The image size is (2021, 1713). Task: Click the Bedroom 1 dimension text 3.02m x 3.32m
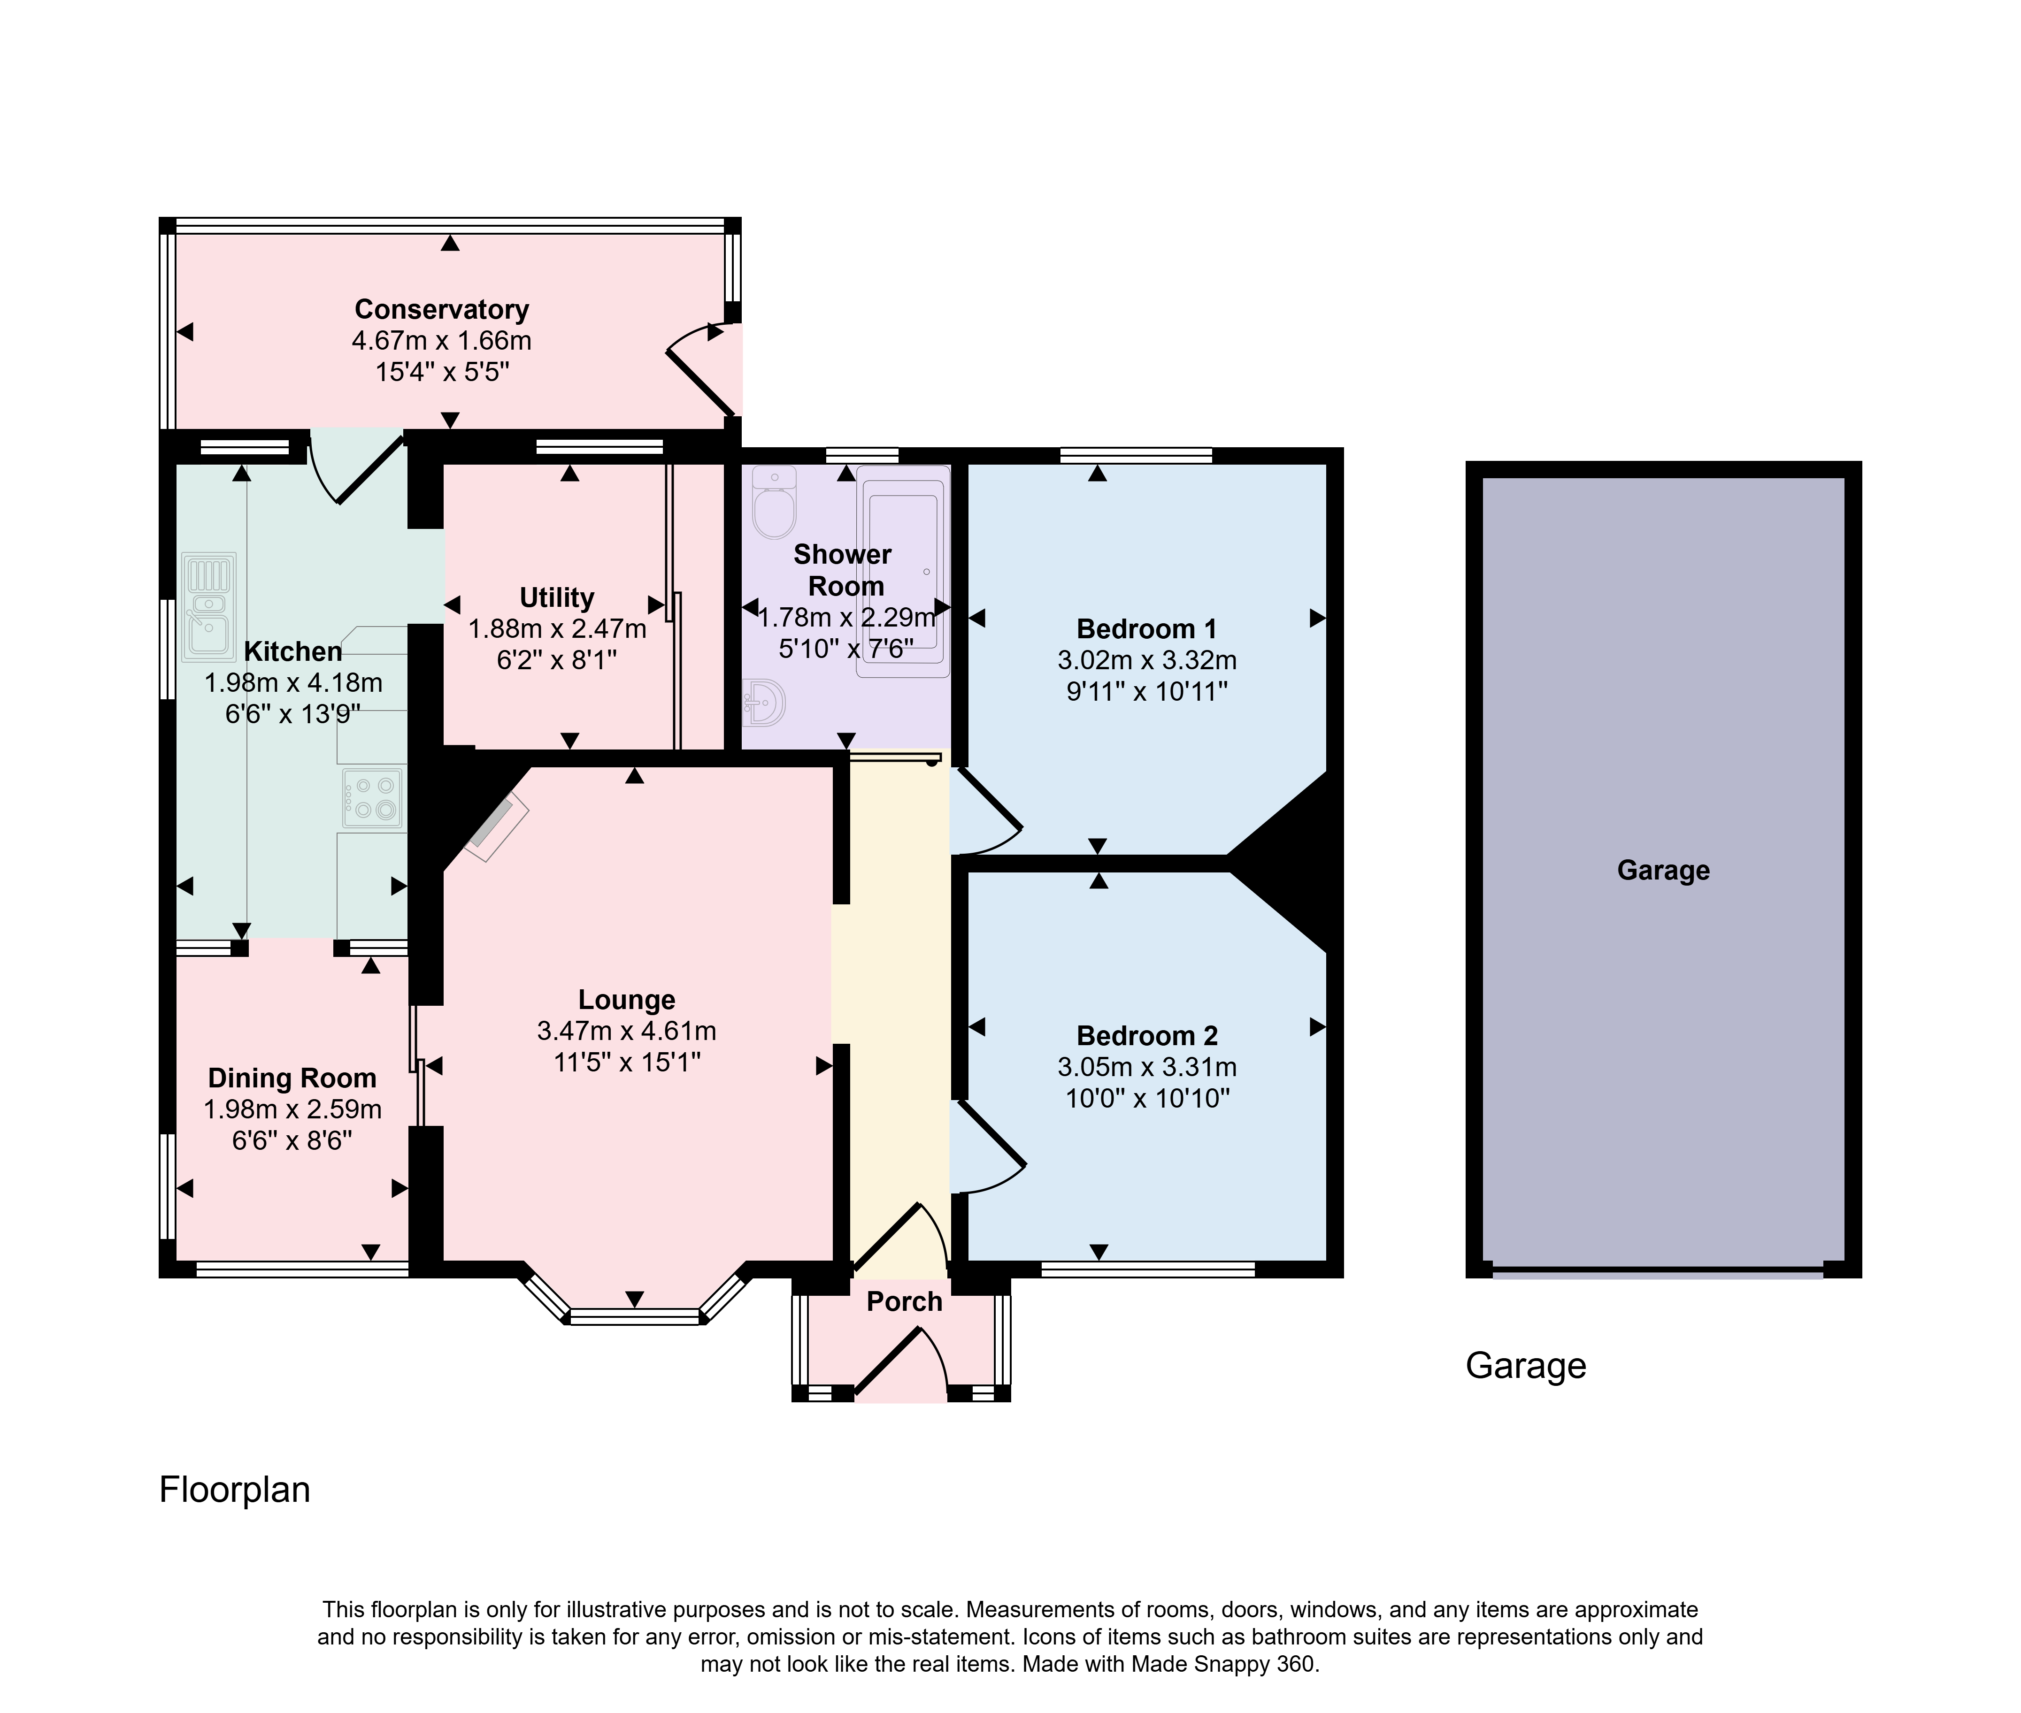[1147, 660]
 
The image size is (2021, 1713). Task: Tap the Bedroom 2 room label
[1147, 1036]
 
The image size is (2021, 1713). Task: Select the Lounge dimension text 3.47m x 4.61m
[626, 1031]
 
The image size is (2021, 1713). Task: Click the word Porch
[904, 1301]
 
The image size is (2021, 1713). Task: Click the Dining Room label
[292, 1078]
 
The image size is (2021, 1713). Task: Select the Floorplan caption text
[235, 1490]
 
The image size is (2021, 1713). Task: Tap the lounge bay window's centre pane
[634, 1317]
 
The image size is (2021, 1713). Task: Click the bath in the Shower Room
[902, 571]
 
